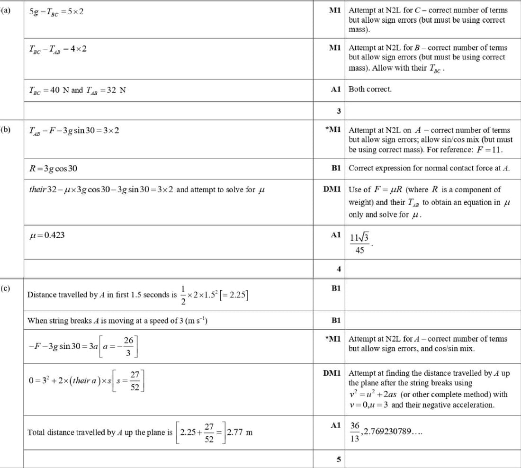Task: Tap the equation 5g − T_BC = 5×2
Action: pyautogui.click(x=56, y=11)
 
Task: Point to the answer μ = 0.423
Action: pyautogui.click(x=46, y=234)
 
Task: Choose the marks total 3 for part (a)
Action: pyautogui.click(x=339, y=111)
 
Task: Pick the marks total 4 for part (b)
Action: pyautogui.click(x=339, y=269)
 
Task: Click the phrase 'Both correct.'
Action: pyautogui.click(x=370, y=89)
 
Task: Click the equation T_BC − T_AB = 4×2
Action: pyautogui.click(x=58, y=49)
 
